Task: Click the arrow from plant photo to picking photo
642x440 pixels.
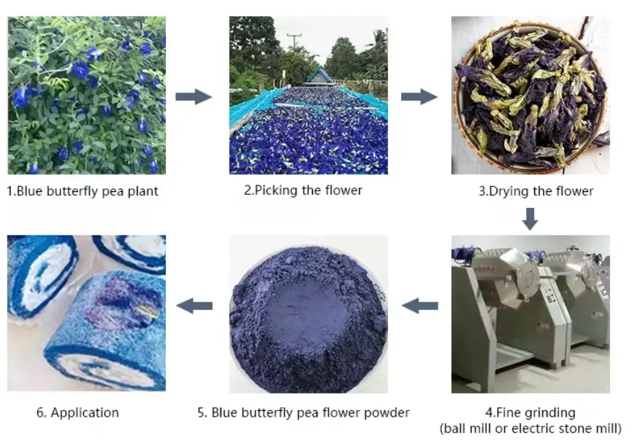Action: pyautogui.click(x=193, y=97)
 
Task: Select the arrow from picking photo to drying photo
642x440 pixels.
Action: pyautogui.click(x=419, y=97)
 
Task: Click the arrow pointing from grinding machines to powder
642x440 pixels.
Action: pyautogui.click(x=420, y=306)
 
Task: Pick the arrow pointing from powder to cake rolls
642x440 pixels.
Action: pyautogui.click(x=194, y=306)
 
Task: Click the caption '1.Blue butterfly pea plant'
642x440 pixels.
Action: pyautogui.click(x=82, y=192)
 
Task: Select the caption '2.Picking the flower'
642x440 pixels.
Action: pyautogui.click(x=303, y=191)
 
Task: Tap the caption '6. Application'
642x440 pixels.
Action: pyautogui.click(x=77, y=412)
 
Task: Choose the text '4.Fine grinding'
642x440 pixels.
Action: pyautogui.click(x=531, y=412)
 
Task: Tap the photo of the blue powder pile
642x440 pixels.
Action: pyautogui.click(x=309, y=313)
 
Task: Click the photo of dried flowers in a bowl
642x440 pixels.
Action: pyautogui.click(x=530, y=95)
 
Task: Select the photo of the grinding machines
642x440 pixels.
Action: pyautogui.click(x=530, y=313)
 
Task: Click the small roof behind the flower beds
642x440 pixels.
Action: pyautogui.click(x=318, y=75)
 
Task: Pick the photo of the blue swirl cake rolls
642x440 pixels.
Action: pyautogui.click(x=86, y=313)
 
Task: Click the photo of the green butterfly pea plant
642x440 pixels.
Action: pyautogui.click(x=86, y=95)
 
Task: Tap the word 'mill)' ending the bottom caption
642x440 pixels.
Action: pyautogui.click(x=606, y=428)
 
